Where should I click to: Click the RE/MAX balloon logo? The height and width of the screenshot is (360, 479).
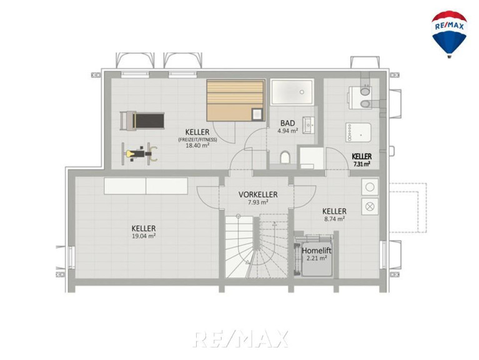449,34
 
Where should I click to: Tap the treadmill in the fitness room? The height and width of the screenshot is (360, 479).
142,121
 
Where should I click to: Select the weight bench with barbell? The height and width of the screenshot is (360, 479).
140,153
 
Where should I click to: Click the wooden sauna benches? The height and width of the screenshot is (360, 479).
235,100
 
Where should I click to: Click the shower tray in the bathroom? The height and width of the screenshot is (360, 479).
292,92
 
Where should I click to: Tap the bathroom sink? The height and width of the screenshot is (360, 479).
309,125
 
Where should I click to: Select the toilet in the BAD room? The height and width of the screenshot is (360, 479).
284,157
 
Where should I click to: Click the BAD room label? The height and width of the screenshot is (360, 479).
288,123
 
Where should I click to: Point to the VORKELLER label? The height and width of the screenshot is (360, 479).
258,194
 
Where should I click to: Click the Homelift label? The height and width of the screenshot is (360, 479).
317,251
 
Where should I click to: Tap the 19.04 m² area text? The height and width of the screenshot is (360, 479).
144,236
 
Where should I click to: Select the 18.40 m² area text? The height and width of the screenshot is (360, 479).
197,146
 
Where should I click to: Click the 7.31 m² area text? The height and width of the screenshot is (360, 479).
362,164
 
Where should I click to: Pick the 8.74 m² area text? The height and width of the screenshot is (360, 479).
335,219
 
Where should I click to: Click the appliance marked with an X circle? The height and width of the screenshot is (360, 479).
370,206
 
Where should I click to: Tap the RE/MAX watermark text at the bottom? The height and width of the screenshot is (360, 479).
240,339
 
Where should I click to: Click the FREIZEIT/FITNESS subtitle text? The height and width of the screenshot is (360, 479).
197,139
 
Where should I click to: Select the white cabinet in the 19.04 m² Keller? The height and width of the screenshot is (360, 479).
146,186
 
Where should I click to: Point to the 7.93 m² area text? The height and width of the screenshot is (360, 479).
258,202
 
